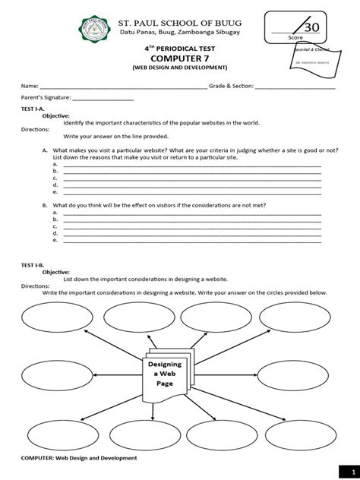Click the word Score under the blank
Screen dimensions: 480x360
(x=295, y=36)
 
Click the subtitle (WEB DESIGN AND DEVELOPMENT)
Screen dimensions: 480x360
(x=180, y=68)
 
